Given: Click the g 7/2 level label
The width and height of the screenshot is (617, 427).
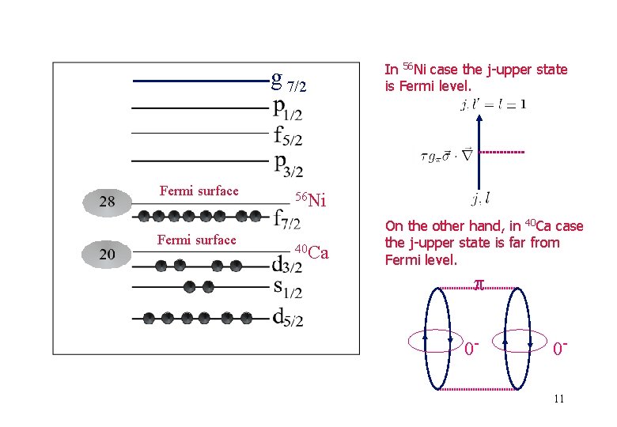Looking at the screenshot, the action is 287,81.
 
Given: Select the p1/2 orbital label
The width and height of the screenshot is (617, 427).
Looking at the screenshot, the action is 287,109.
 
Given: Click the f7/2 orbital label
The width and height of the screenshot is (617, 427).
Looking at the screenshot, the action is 287,219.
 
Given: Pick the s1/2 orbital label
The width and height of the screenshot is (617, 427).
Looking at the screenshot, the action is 287,289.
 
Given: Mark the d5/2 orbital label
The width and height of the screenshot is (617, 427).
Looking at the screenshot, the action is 287,317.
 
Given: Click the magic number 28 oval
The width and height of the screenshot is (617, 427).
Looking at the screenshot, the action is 107,202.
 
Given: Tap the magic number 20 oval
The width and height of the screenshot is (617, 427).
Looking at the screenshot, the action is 107,254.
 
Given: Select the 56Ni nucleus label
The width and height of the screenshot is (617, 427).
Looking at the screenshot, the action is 309,198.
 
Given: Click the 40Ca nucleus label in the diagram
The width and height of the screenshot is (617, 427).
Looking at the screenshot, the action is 311,252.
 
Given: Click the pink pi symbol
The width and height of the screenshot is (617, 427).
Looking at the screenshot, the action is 478,282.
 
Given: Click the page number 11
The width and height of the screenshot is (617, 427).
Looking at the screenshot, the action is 558,398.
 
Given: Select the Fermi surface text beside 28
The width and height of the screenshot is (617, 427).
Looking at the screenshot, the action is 199,191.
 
